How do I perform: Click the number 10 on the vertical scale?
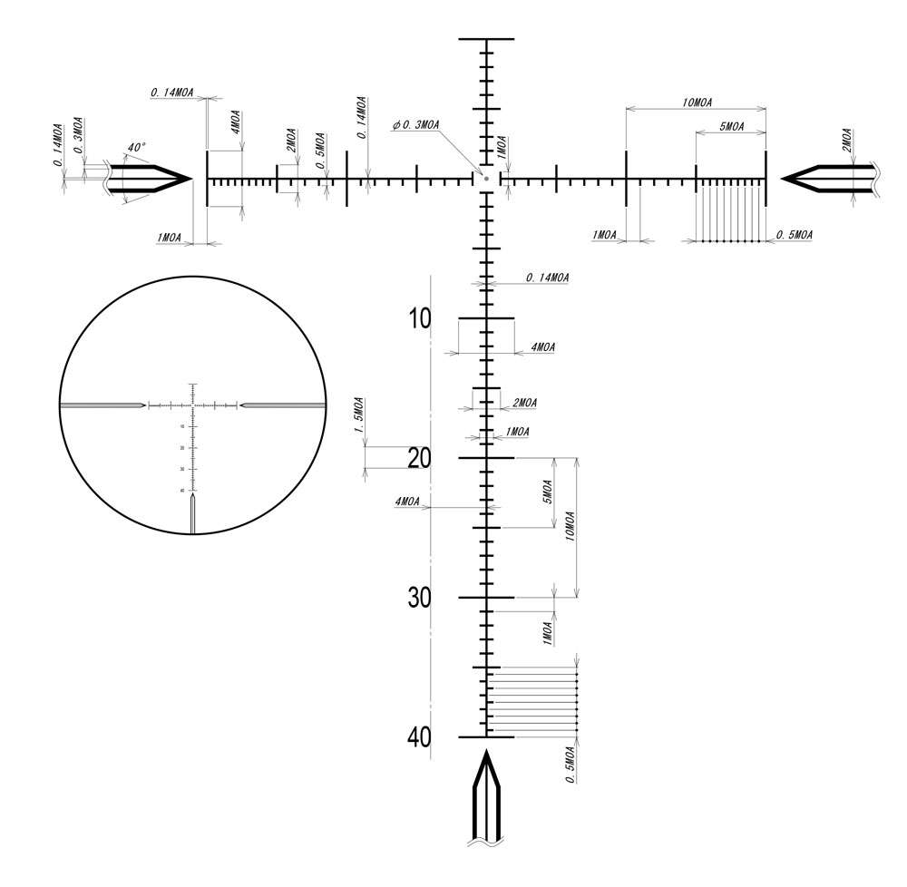(x=419, y=319)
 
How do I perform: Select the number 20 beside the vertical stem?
(x=419, y=458)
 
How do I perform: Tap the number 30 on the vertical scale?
(x=419, y=599)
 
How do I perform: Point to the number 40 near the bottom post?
(x=419, y=737)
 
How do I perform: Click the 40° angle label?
(x=136, y=147)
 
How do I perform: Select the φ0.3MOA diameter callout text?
(x=416, y=125)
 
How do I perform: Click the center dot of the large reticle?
(x=486, y=179)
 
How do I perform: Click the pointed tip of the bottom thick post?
(x=486, y=753)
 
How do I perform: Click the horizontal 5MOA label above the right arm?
(x=730, y=128)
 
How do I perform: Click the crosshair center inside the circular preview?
(x=193, y=405)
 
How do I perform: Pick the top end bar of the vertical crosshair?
(x=486, y=40)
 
